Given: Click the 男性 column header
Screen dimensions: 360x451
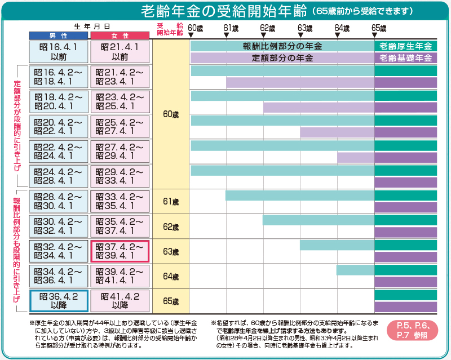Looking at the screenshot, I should click(59, 35).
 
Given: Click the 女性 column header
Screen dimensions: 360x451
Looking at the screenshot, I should click(120, 35).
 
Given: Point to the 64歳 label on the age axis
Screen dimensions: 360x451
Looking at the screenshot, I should click(342, 28).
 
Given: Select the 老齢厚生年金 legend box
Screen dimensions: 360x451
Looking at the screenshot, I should click(405, 46).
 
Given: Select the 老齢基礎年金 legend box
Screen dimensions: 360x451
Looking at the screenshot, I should click(405, 57).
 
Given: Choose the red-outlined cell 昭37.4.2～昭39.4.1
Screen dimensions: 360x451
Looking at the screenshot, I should click(120, 251).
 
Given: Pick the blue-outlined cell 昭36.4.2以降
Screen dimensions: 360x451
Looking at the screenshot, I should click(59, 300).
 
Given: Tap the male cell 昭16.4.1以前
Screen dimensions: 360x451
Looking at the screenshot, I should click(59, 52).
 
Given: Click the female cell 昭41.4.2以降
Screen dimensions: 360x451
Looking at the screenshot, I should click(120, 300).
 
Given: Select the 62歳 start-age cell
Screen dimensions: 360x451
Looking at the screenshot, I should click(170, 226).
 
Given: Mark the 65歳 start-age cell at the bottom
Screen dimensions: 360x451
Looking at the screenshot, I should click(170, 301).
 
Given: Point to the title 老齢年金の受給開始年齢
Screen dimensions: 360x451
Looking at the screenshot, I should click(224, 11).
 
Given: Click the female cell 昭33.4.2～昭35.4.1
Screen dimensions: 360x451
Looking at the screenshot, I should click(120, 201).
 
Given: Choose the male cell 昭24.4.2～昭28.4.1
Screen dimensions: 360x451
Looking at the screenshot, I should click(59, 176).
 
